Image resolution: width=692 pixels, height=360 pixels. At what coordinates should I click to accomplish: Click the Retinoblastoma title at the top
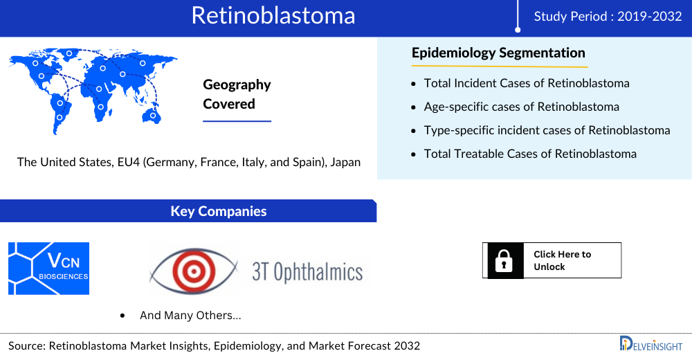(x=273, y=16)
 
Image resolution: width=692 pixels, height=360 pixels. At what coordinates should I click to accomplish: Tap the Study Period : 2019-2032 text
(x=608, y=17)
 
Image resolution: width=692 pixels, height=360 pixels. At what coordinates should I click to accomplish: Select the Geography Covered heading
(x=237, y=94)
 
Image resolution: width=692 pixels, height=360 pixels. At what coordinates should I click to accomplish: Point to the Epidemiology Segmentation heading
(x=498, y=53)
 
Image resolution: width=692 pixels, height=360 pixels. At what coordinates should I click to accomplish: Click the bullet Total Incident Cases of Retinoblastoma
(x=527, y=83)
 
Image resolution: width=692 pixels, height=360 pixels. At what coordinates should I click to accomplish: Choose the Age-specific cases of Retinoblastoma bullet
(x=521, y=107)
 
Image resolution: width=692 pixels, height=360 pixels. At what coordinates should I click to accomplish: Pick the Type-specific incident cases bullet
(x=547, y=130)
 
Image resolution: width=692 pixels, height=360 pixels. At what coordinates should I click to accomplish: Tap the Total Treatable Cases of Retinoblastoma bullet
(x=530, y=154)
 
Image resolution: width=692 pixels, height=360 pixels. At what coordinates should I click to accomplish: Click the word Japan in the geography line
(x=344, y=162)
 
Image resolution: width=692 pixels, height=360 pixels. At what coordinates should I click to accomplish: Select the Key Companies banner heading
(x=219, y=211)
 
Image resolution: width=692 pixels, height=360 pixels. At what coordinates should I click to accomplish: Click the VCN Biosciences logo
(x=49, y=269)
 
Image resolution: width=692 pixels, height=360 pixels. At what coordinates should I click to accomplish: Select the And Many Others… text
(x=190, y=315)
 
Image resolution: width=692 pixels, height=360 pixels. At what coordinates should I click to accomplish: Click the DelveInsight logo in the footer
(x=650, y=344)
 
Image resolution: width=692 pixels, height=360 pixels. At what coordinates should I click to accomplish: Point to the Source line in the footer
(x=214, y=345)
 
